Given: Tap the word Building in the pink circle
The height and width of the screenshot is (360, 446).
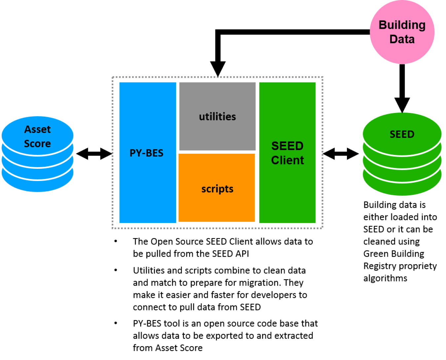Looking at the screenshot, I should pos(402,25).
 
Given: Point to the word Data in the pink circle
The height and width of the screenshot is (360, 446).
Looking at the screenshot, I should pos(402,39).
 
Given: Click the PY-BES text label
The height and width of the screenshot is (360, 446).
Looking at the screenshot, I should pos(146,153).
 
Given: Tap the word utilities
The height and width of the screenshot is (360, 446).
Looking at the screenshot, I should pos(217,117).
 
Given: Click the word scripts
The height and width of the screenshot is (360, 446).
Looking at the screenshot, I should pos(217,189).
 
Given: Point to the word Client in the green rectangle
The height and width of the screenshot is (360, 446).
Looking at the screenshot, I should pos(287,160).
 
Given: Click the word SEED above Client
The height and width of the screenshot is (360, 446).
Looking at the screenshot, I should pos(287,146).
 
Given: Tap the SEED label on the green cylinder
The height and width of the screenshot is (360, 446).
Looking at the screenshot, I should pos(402,134).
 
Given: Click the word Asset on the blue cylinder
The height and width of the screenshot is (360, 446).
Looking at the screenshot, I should pos(37,129).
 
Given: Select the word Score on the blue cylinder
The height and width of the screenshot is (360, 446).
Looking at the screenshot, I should pos(37,144).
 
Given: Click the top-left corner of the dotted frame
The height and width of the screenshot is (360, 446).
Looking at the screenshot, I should pos(113,78).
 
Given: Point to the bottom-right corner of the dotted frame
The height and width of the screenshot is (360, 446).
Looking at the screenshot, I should pos(322,228).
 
